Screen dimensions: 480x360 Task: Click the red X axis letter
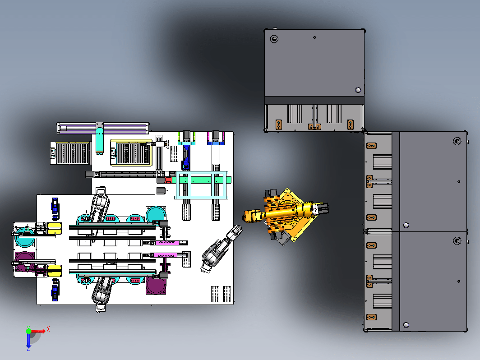[x=48, y=329]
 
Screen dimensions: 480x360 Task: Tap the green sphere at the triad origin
[x=28, y=331]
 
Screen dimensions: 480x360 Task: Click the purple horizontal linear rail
[x=103, y=128]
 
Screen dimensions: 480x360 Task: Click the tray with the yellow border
[x=131, y=152]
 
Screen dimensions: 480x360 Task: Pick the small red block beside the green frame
[x=169, y=180]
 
